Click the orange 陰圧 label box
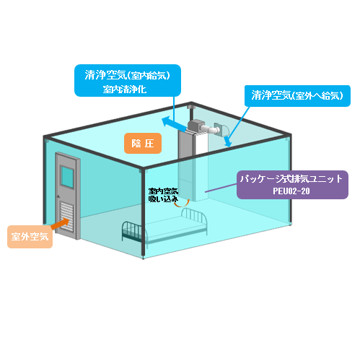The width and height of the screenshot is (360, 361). point(143,143)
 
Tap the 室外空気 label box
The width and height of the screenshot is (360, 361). point(30,237)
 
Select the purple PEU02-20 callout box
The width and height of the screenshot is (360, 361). point(292,185)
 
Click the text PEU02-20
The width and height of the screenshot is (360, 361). point(291,191)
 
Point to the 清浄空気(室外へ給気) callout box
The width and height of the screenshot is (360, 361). point(297,96)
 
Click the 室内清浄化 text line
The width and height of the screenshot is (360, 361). point(125,90)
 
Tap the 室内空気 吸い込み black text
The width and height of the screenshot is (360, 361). point(163,195)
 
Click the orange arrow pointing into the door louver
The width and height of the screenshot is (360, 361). point(60,224)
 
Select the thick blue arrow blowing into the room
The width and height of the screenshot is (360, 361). point(175,124)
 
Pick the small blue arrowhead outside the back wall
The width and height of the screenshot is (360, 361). point(227,142)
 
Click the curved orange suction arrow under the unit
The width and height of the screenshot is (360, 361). point(182,204)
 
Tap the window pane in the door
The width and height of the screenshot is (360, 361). point(67,176)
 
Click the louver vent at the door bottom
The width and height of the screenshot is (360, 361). point(66,217)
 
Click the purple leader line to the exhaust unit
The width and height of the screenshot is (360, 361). point(221,188)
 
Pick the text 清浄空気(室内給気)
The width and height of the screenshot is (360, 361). point(128,75)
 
